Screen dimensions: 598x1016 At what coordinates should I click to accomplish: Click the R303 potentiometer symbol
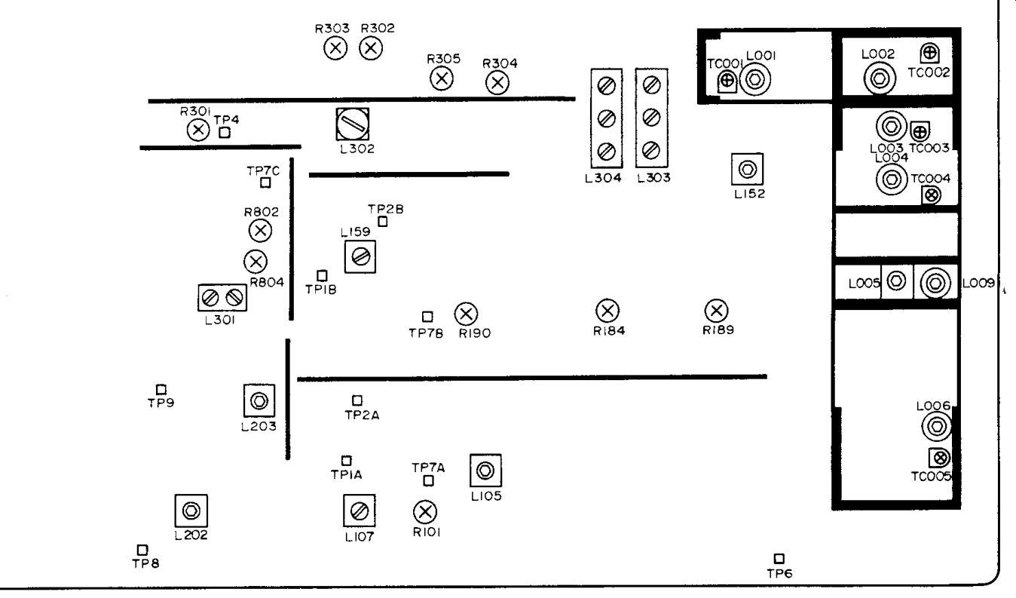(x=335, y=49)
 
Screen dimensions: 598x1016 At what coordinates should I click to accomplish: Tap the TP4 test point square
(x=225, y=133)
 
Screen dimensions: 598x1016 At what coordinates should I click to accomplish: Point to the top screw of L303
(x=653, y=84)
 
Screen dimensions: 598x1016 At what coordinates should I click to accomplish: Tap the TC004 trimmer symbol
(x=932, y=195)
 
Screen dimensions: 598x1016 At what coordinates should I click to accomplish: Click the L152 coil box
(x=747, y=169)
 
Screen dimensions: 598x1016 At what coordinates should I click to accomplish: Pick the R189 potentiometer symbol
(x=715, y=310)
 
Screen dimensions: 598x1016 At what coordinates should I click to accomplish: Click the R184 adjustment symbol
(x=607, y=310)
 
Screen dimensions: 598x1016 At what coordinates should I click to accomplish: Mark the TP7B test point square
(x=427, y=317)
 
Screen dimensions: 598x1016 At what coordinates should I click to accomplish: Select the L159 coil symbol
(x=360, y=258)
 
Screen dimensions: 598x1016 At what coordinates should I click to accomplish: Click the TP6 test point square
(x=779, y=559)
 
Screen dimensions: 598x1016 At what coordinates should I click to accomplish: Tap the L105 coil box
(x=485, y=471)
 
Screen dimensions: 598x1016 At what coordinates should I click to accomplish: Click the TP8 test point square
(x=142, y=550)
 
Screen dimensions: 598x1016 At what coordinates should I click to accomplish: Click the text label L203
(x=259, y=426)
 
